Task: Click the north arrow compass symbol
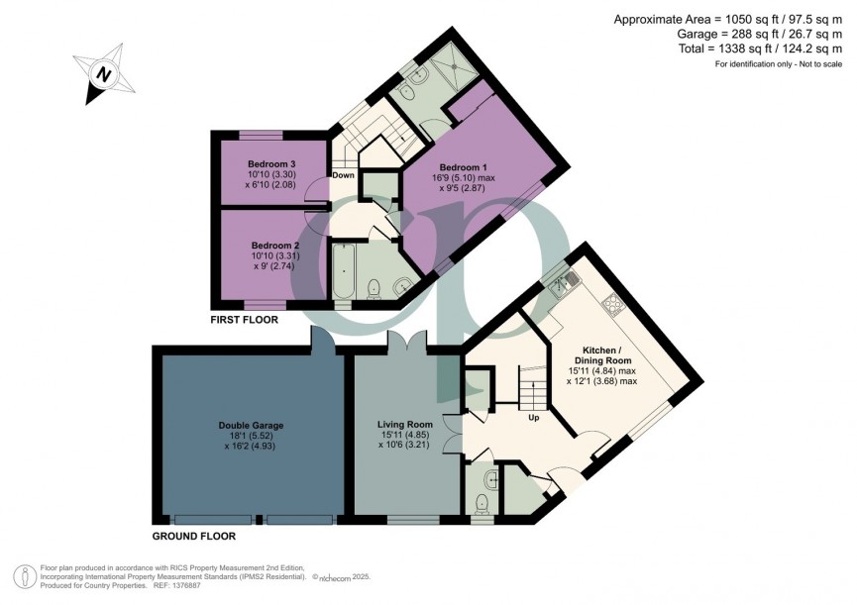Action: click(102, 73)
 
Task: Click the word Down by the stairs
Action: click(343, 175)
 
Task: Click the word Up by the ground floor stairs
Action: click(533, 417)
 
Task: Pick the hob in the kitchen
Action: click(613, 302)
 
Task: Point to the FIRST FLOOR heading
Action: click(244, 321)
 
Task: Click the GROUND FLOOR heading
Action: click(193, 536)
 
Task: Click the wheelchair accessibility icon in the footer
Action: click(23, 575)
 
